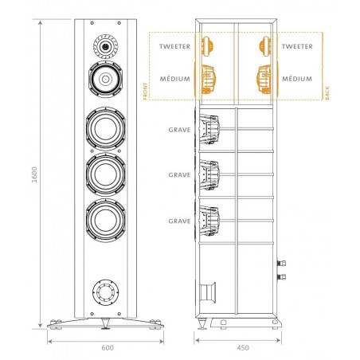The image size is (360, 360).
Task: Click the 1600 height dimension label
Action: pyautogui.click(x=34, y=174)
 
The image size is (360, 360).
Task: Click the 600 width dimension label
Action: pyautogui.click(x=108, y=347)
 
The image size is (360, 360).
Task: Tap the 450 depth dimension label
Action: pyautogui.click(x=243, y=347)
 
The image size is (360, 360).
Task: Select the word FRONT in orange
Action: pyautogui.click(x=145, y=91)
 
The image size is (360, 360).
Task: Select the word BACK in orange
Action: pyautogui.click(x=327, y=93)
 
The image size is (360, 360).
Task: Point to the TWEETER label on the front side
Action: pyautogui.click(x=174, y=46)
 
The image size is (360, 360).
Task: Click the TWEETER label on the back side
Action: pyautogui.click(x=297, y=46)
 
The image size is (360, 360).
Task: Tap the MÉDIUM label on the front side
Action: pyautogui.click(x=175, y=79)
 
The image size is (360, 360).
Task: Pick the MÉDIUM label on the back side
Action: pyautogui.click(x=297, y=79)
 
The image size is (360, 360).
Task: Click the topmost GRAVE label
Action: pyautogui.click(x=179, y=130)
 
